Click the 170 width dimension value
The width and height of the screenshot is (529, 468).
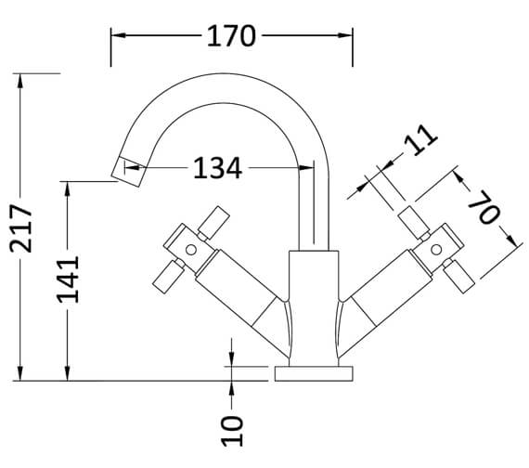pos(230,36)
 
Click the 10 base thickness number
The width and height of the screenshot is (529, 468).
pos(232,428)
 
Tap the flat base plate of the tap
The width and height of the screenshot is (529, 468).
pos(313,374)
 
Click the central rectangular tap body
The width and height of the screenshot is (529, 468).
pos(313,306)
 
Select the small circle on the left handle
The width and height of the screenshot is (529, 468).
pos(190,249)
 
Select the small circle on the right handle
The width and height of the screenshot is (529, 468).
pos(435,249)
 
